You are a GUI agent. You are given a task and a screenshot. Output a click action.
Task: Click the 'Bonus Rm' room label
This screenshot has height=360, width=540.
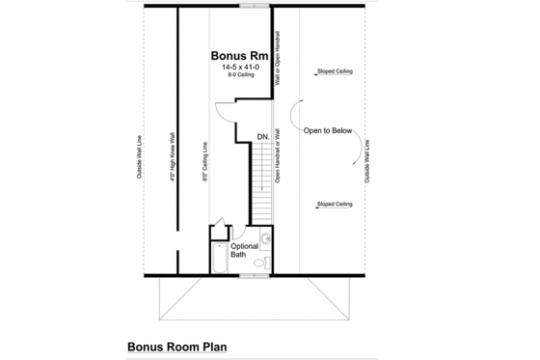tap(239, 56)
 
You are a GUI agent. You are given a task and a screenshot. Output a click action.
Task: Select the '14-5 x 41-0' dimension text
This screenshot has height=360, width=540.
tap(239, 68)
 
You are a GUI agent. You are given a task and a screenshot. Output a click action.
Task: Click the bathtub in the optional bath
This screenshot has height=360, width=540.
tap(221, 258)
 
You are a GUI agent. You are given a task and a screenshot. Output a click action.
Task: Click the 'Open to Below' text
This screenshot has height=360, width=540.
tap(328, 130)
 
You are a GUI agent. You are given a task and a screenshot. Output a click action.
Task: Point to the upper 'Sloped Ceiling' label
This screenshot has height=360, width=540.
tap(334, 70)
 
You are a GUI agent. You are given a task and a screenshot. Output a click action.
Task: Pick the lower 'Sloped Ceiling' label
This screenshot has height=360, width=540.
tap(334, 205)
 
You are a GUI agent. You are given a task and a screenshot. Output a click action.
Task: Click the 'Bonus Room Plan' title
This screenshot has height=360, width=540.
tap(176, 344)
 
